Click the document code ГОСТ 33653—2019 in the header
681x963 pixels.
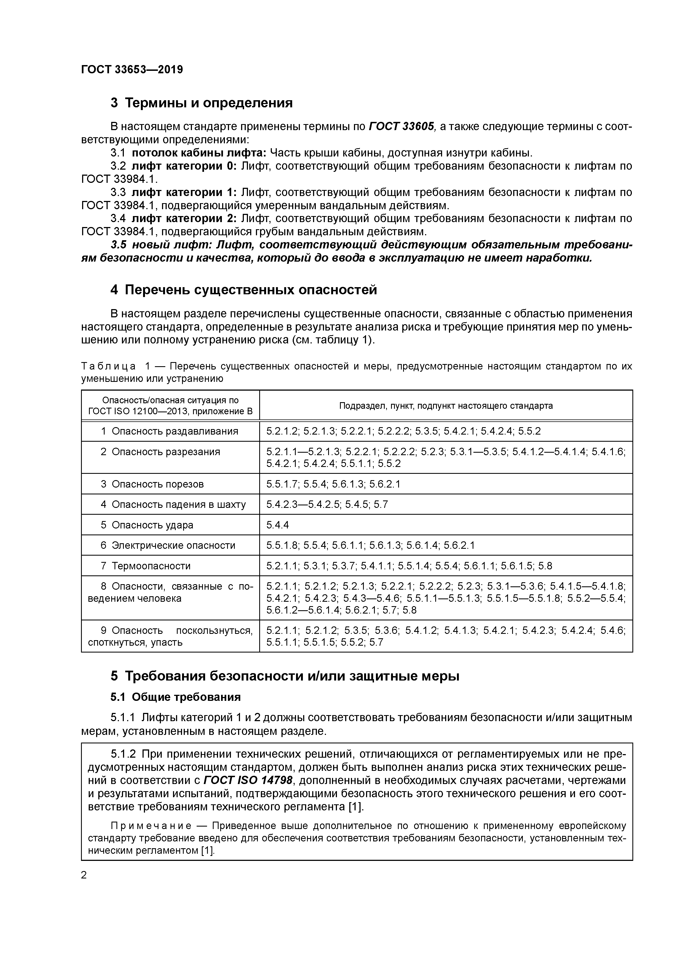[132, 70]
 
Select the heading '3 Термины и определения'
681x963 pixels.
[201, 103]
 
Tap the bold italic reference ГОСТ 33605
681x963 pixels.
[401, 127]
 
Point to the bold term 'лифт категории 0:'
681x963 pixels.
[184, 166]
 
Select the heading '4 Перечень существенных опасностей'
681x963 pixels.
[243, 290]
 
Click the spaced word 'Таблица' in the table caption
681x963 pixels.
[108, 366]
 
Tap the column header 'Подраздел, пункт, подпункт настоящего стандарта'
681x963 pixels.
[446, 405]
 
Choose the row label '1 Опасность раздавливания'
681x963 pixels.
[169, 431]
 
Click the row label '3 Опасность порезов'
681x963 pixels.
[152, 484]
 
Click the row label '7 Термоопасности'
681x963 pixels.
[146, 566]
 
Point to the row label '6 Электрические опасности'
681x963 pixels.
[168, 545]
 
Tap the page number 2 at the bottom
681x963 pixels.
[84, 875]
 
